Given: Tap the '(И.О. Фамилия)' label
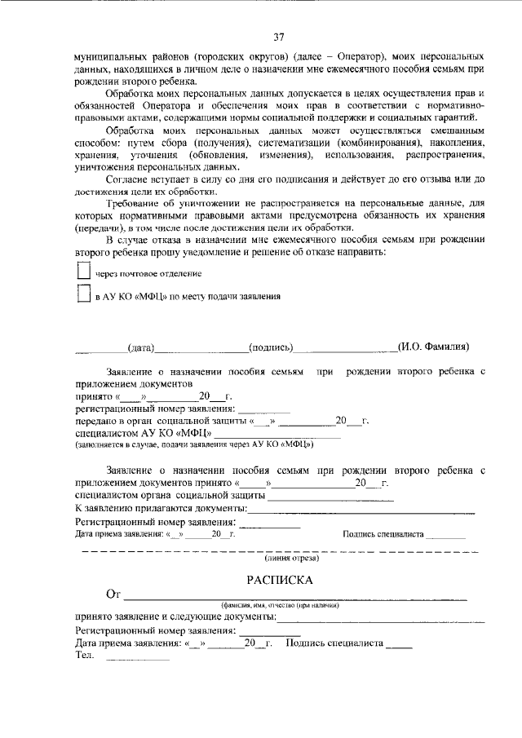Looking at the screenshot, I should (x=433, y=347).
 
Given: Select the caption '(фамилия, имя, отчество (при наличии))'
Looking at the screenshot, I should (x=280, y=605).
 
